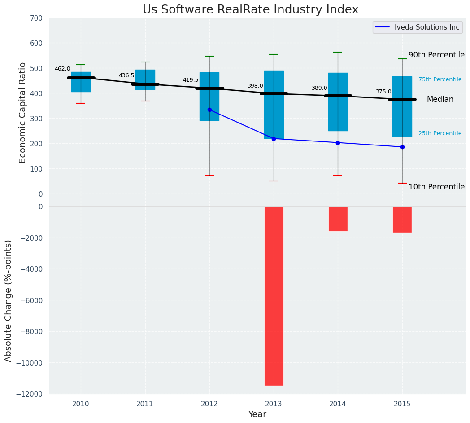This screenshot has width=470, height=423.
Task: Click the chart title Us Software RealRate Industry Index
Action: click(x=250, y=10)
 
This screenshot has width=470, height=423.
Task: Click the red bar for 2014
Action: click(x=338, y=219)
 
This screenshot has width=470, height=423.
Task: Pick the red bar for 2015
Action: click(x=402, y=219)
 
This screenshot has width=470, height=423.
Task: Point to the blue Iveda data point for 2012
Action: click(x=209, y=110)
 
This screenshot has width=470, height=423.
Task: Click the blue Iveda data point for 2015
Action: click(x=402, y=147)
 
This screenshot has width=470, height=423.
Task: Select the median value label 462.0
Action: click(x=62, y=69)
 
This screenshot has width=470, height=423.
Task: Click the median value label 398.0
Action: click(x=255, y=86)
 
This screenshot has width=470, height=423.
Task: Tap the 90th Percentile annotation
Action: click(x=436, y=55)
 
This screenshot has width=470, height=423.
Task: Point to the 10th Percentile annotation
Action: click(x=436, y=187)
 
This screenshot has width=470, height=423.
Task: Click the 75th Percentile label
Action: click(x=440, y=79)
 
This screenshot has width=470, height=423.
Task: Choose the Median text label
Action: click(x=440, y=99)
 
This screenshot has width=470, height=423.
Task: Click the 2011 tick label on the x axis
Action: click(x=145, y=404)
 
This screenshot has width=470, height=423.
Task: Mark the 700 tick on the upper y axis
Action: click(x=36, y=18)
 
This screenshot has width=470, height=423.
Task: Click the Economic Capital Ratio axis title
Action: click(x=22, y=106)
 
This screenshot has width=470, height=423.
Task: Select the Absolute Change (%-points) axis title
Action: click(x=8, y=300)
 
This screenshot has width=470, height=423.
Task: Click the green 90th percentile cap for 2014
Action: click(x=338, y=52)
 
